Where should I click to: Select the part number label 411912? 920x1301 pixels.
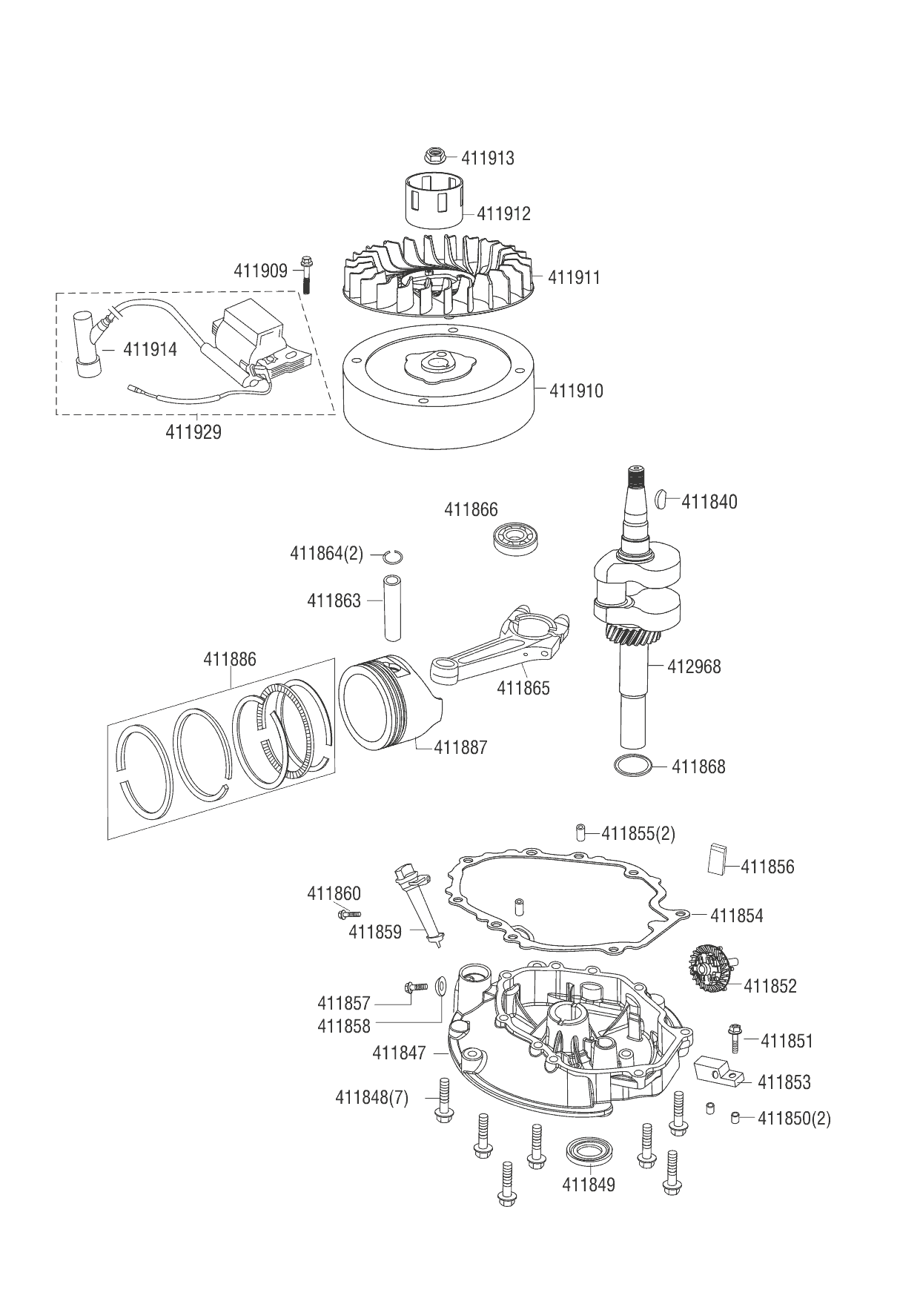pyautogui.click(x=503, y=213)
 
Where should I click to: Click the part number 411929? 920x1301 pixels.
pyautogui.click(x=193, y=431)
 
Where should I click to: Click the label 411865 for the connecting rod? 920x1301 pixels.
pyautogui.click(x=523, y=688)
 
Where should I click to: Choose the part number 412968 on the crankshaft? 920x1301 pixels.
pyautogui.click(x=693, y=666)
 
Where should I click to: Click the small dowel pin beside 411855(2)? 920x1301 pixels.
pyautogui.click(x=581, y=832)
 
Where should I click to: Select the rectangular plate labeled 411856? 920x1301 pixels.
pyautogui.click(x=715, y=860)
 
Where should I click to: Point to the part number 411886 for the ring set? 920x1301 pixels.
pyautogui.click(x=230, y=658)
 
